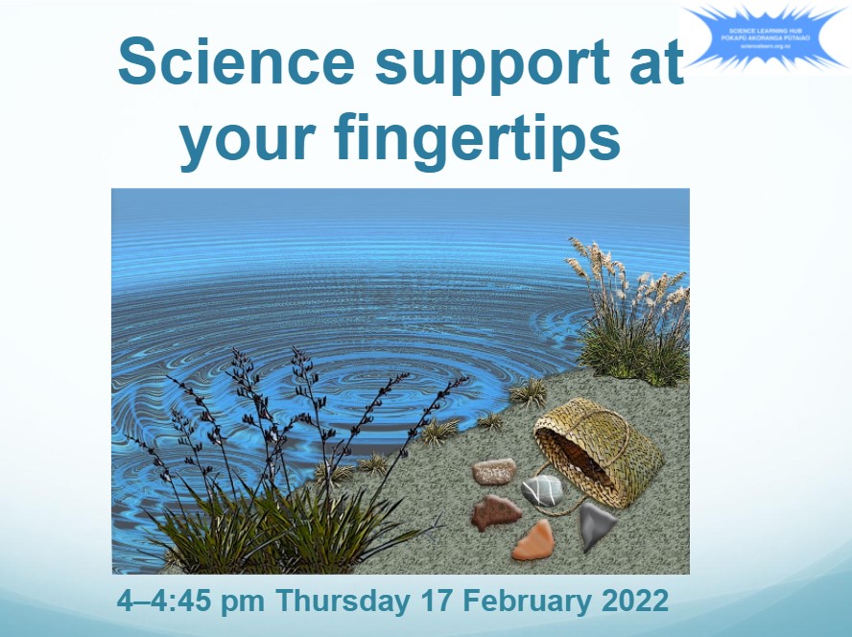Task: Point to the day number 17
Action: click(x=436, y=601)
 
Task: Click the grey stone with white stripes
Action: click(x=541, y=490)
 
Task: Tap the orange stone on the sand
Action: click(x=533, y=540)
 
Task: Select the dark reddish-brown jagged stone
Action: click(x=496, y=512)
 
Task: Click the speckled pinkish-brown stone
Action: click(x=493, y=471)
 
